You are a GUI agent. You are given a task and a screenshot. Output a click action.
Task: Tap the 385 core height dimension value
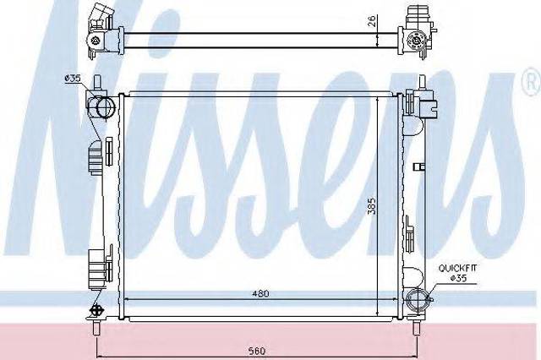(x=371, y=206)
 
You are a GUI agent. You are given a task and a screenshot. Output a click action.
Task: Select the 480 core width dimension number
(x=260, y=293)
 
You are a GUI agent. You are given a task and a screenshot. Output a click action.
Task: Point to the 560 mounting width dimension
(x=257, y=351)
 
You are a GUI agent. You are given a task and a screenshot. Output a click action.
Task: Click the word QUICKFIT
(x=457, y=268)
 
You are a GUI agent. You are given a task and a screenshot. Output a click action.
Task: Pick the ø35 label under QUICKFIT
(x=458, y=278)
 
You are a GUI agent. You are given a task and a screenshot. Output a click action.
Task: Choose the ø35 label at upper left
(x=73, y=79)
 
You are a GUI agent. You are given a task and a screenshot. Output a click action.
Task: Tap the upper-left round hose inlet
(x=106, y=107)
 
